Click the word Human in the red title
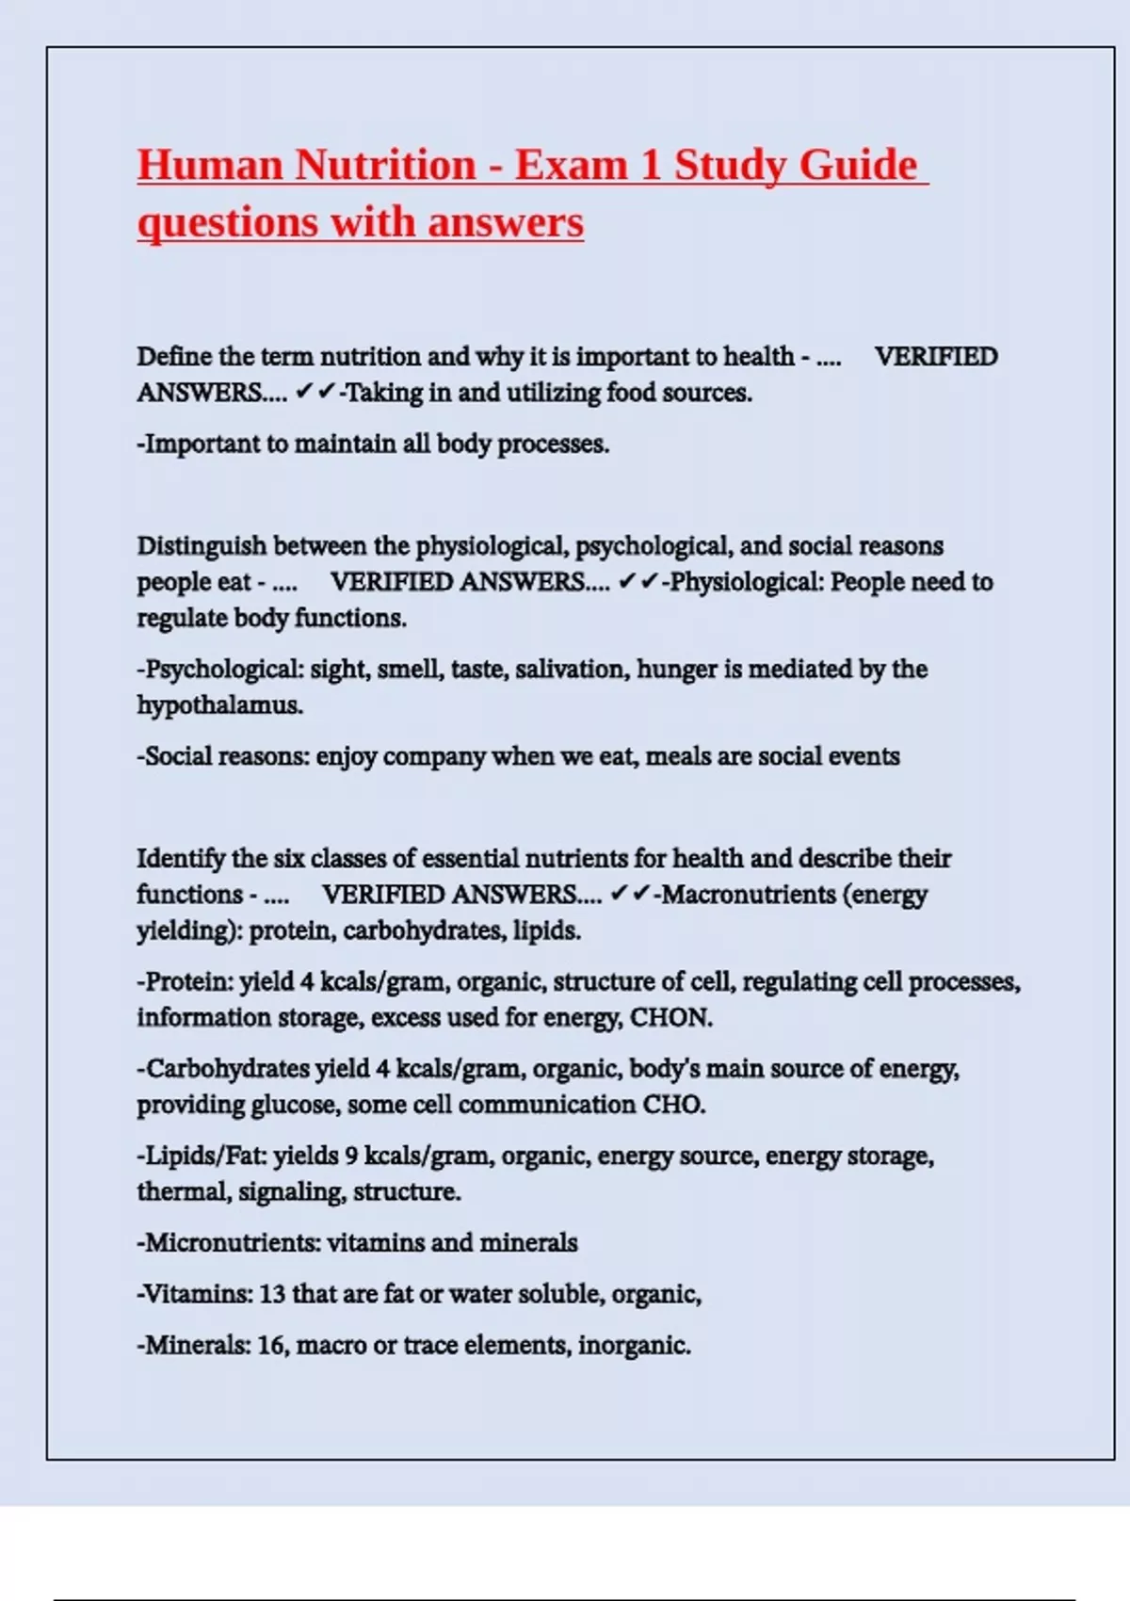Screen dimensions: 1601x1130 (209, 165)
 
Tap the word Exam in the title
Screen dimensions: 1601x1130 (571, 165)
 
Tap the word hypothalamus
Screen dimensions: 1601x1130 (220, 705)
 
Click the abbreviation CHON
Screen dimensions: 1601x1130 (670, 1018)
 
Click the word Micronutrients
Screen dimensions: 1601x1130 (232, 1243)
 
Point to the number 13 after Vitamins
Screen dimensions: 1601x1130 (271, 1294)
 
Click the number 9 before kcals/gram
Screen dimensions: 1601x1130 (351, 1156)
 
